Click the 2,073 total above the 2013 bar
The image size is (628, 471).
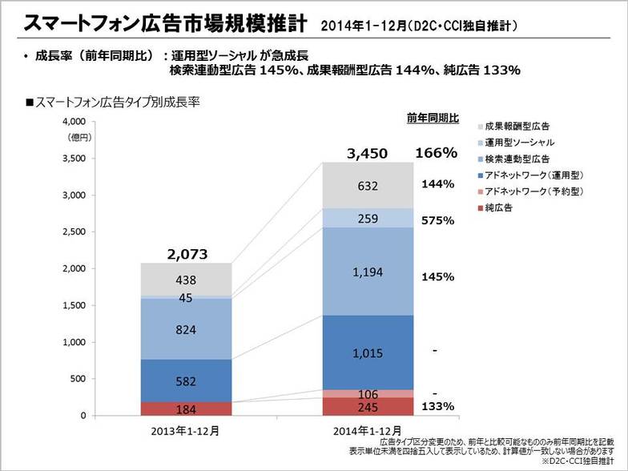pos(186,255)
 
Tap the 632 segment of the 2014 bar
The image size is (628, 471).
pos(368,186)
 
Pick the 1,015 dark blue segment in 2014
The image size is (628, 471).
pos(368,352)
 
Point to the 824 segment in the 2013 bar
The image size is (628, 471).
pos(186,329)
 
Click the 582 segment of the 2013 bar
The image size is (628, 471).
pos(186,381)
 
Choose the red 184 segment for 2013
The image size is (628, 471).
pos(186,410)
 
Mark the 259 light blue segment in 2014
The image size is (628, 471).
pos(368,218)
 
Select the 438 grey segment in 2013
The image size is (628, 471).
pos(186,280)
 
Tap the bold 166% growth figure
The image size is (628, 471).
pos(436,152)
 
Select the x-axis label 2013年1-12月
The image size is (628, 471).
pos(186,430)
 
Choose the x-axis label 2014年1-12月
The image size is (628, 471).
pos(368,430)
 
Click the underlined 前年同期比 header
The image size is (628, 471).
pos(433,118)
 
